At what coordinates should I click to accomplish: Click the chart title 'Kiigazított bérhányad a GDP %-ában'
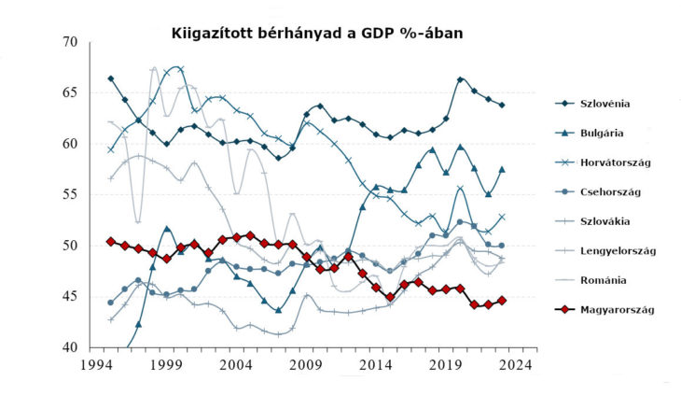[x=317, y=34]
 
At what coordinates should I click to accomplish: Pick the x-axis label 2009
[x=307, y=366]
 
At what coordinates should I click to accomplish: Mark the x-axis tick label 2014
[x=377, y=366]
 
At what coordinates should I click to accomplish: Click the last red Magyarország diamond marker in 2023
[x=503, y=301]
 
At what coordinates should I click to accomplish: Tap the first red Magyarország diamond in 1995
[x=110, y=241]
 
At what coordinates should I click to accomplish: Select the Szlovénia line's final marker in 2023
[x=503, y=106]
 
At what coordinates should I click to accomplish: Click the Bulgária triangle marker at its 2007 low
[x=279, y=310]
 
